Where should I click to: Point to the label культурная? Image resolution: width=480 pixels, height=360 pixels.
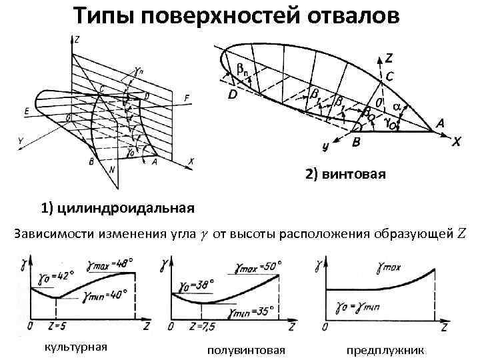coord(75,347)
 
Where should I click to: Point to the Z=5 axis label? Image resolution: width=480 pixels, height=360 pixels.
coord(57,326)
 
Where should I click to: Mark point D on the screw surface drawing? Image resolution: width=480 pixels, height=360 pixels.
coord(232,95)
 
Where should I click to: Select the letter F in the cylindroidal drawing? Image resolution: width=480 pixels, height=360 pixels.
coord(187,99)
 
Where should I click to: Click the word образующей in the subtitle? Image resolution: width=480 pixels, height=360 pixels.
coord(413,234)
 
